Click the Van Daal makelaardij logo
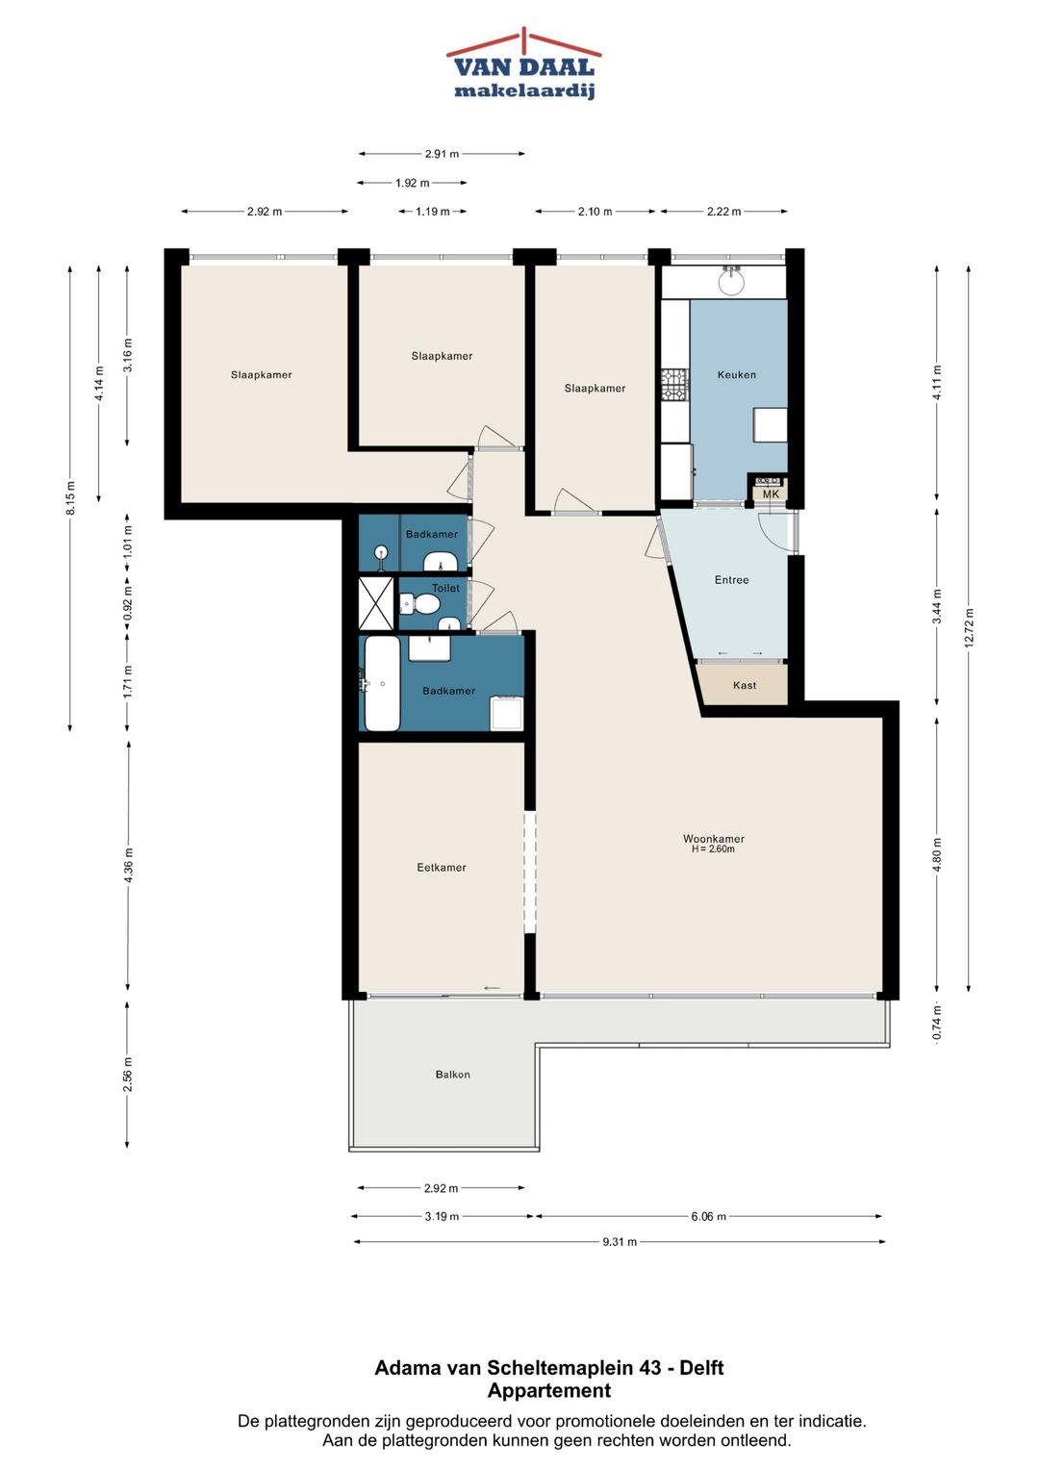523,63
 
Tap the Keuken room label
737,375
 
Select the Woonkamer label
714,839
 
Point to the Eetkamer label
442,868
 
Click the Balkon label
452,1075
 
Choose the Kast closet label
745,685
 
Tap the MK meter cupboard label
771,494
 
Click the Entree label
731,580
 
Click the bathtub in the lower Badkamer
382,683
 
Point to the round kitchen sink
731,283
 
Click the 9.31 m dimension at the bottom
620,1241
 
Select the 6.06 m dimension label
708,1217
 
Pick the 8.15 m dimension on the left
71,498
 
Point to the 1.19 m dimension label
433,212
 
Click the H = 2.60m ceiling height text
713,849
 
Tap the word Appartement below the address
549,1391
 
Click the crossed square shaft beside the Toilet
376,603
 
